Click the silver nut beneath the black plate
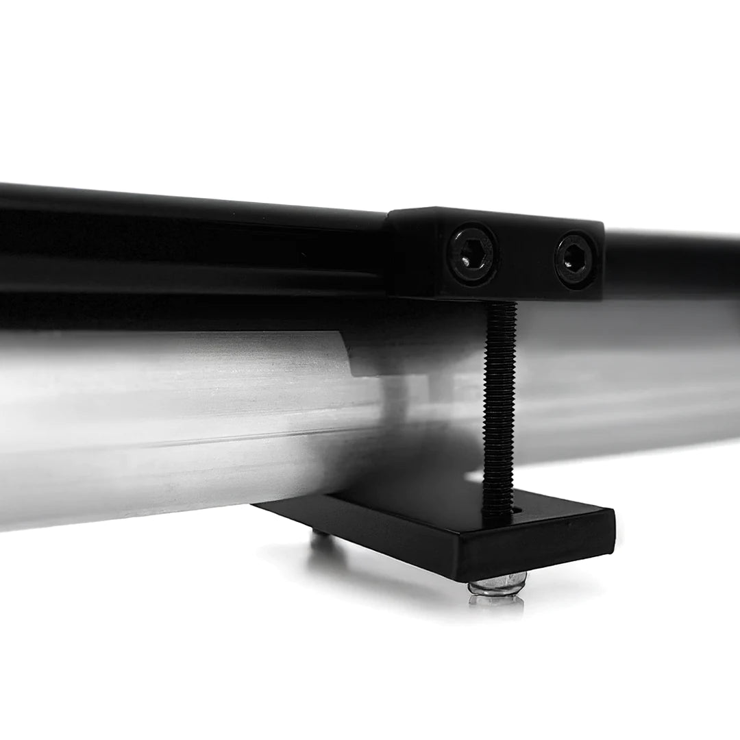pos(498,584)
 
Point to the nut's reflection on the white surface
pos(496,602)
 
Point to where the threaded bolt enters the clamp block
pos(501,304)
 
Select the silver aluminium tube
pos(171,425)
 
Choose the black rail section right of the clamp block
pos(671,264)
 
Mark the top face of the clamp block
pos(493,214)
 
